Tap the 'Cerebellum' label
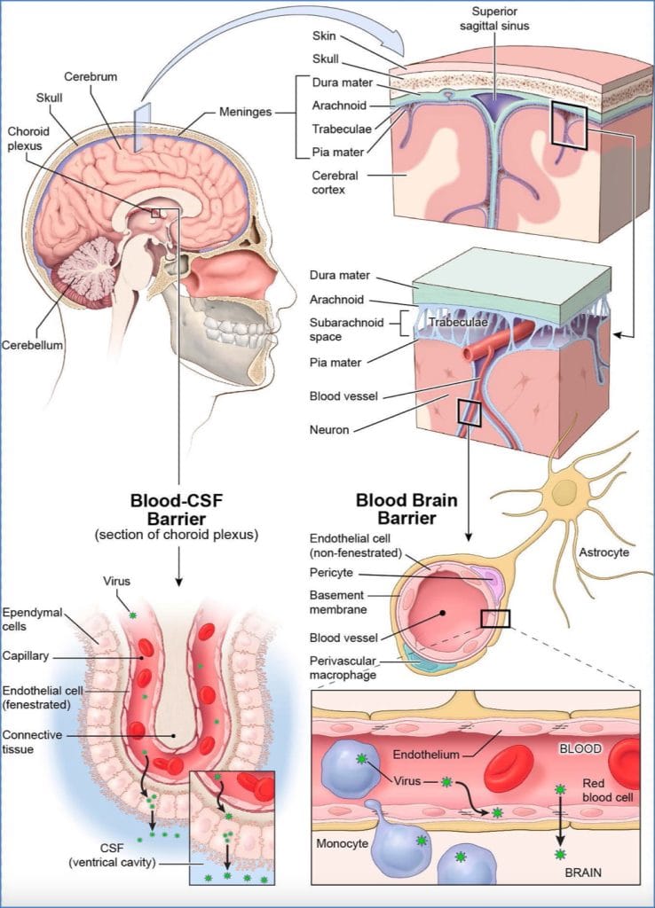[x=32, y=345]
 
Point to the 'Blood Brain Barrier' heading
[x=406, y=508]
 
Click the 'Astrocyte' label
[x=604, y=552]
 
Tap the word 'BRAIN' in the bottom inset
[x=583, y=873]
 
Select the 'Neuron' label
[x=328, y=430]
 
